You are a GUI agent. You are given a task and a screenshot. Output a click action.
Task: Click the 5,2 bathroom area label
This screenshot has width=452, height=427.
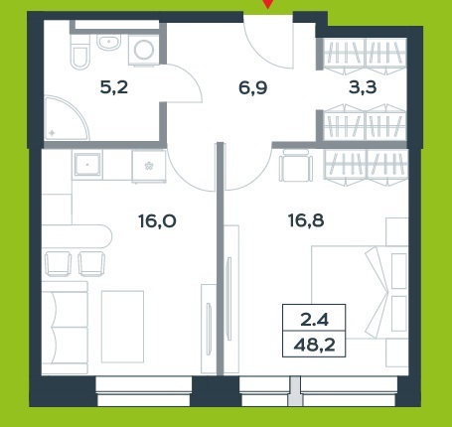click(x=114, y=87)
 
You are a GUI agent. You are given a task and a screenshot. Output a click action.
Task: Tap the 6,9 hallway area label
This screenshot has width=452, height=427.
click(x=253, y=88)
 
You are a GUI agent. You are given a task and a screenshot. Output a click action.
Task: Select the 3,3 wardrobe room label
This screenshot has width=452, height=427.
click(x=363, y=87)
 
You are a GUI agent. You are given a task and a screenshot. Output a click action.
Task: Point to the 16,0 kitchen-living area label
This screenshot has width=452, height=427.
click(x=157, y=221)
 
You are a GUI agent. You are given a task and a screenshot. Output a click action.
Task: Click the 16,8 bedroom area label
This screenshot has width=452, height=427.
click(x=306, y=220)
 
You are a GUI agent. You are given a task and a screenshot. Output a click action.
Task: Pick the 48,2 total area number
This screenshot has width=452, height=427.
click(x=314, y=345)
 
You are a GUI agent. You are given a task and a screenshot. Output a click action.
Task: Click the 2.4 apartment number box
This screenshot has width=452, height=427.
click(x=314, y=318)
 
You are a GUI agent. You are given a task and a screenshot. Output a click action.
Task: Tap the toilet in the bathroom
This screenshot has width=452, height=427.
click(x=79, y=52)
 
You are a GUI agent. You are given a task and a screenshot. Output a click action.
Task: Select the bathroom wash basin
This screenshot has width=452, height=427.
click(x=108, y=43)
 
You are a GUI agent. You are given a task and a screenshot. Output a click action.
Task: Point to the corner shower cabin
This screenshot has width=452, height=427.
click(x=67, y=118)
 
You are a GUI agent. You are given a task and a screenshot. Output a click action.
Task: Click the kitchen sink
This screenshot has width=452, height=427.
click(x=87, y=164)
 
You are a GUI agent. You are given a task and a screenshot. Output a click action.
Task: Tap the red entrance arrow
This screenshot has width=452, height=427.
click(x=267, y=4)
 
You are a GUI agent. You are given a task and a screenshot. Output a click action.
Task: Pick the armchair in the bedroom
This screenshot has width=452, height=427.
click(x=296, y=165)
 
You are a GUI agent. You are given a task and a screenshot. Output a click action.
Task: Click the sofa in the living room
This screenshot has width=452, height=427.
click(x=65, y=328)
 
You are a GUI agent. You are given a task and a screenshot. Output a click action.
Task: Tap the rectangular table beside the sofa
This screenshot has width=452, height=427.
click(x=122, y=327)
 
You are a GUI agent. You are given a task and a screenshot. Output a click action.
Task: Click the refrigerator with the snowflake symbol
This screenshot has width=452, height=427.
click(x=149, y=166)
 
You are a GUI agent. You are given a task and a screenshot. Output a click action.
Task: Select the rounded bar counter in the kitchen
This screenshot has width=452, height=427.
click(x=76, y=236)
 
